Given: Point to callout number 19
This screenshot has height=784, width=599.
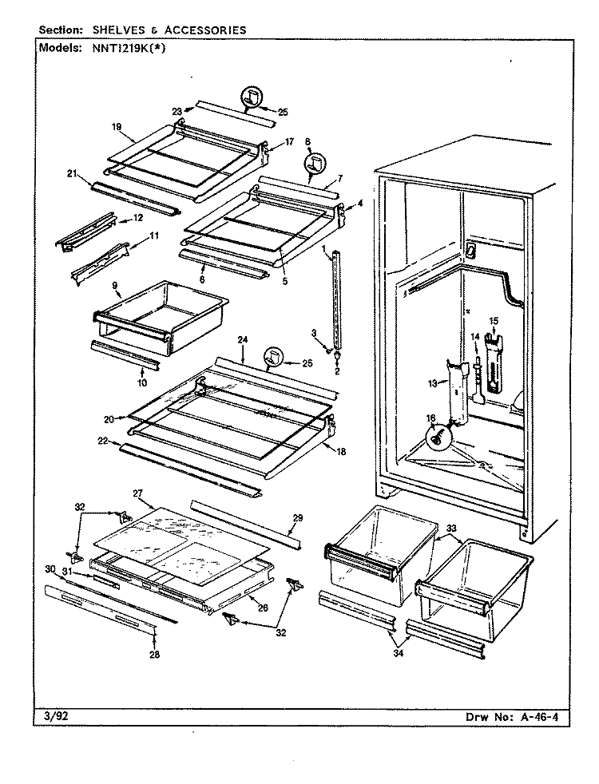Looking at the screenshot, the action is click(x=117, y=127).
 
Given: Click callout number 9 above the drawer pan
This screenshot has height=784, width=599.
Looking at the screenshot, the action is click(x=114, y=285).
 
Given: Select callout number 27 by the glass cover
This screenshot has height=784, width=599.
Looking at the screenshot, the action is click(x=138, y=493).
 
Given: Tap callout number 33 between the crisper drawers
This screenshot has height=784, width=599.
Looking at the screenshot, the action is click(x=451, y=528).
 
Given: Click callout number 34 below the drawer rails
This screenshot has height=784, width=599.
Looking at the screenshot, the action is click(x=399, y=653).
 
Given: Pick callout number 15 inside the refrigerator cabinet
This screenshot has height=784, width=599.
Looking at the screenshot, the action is click(x=494, y=320).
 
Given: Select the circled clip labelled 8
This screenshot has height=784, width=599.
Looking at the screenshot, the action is click(x=313, y=163).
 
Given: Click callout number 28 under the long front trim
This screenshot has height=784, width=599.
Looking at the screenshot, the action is click(x=154, y=655).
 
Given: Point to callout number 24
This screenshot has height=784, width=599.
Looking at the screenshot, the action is click(x=243, y=340).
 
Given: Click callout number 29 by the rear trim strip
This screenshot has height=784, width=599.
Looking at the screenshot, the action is click(x=298, y=518).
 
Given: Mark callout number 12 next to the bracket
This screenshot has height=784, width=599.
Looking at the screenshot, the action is click(x=137, y=217).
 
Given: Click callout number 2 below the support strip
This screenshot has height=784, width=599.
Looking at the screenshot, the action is click(x=337, y=371).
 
